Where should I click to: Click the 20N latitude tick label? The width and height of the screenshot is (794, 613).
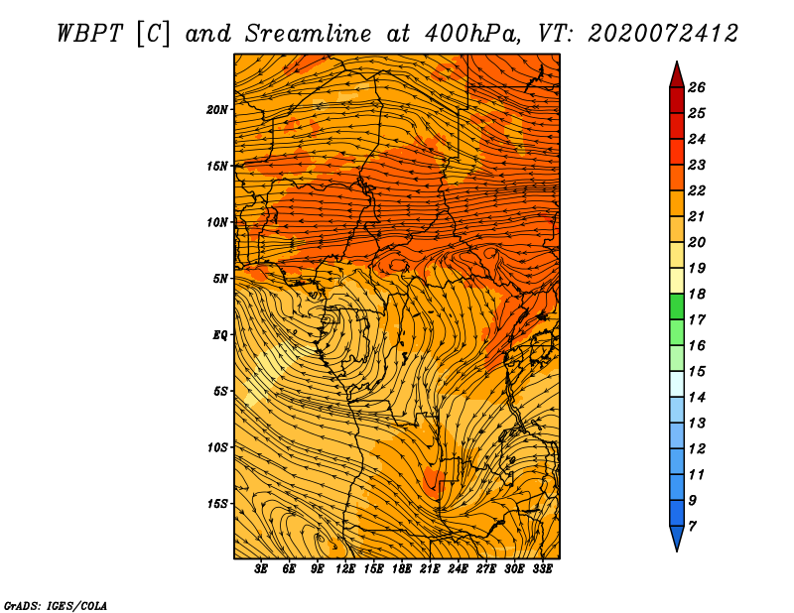(x=216, y=110)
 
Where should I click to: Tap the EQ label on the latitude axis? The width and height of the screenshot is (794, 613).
(x=219, y=334)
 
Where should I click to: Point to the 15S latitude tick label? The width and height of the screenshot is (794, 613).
(x=217, y=504)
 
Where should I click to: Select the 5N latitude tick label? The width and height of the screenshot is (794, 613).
(x=220, y=279)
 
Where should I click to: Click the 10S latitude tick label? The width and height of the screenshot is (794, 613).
(x=217, y=447)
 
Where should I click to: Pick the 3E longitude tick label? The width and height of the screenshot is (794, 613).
(x=260, y=569)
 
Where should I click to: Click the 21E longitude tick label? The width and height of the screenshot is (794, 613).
(x=430, y=569)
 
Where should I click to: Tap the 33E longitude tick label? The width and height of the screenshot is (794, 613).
(x=542, y=569)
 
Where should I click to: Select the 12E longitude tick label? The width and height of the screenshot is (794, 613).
(x=345, y=569)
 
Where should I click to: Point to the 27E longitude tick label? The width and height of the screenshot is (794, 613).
(x=485, y=569)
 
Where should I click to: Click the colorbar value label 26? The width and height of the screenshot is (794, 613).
(x=697, y=87)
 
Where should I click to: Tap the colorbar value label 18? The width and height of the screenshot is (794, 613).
(x=697, y=294)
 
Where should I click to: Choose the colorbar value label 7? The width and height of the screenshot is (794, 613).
(x=692, y=527)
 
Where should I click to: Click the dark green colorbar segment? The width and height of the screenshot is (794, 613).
(x=677, y=306)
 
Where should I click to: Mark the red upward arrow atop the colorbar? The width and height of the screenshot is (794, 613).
(x=677, y=75)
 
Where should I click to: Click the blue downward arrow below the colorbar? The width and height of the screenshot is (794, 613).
(x=677, y=539)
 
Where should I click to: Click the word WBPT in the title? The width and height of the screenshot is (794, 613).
(x=89, y=34)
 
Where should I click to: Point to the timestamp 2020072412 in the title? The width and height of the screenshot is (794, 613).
(x=663, y=34)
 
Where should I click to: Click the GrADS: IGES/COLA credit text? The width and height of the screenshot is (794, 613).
(x=56, y=605)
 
